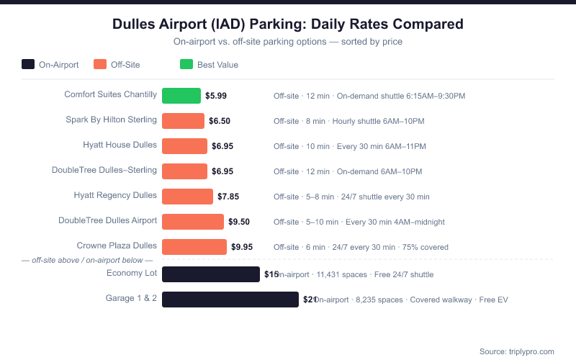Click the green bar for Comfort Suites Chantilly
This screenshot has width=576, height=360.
pyautogui.click(x=181, y=96)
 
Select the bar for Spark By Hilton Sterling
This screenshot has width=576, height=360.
pyautogui.click(x=184, y=121)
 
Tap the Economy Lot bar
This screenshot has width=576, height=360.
pyautogui.click(x=211, y=274)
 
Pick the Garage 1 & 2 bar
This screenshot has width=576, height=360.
pyautogui.click(x=230, y=300)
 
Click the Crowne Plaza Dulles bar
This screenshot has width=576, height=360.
pyautogui.click(x=194, y=247)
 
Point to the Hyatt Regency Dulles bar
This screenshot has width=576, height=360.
pyautogui.click(x=187, y=197)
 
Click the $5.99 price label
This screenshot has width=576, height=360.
pyautogui.click(x=216, y=96)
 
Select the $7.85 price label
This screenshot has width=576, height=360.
pyautogui.click(x=228, y=197)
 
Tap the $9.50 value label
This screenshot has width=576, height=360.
pyautogui.click(x=239, y=222)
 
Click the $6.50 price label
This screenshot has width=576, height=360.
pyautogui.click(x=220, y=121)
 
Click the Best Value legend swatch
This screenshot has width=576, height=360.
pyautogui.click(x=186, y=64)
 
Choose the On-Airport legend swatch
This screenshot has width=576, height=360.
pyautogui.click(x=28, y=64)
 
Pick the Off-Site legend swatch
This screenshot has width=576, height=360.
pyautogui.click(x=100, y=64)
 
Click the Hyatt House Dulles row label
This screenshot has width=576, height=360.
pyautogui.click(x=120, y=145)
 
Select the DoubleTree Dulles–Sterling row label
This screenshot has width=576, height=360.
pyautogui.click(x=104, y=170)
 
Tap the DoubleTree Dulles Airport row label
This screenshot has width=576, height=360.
pyautogui.click(x=107, y=220)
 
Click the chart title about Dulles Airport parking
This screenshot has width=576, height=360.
pyautogui.click(x=288, y=24)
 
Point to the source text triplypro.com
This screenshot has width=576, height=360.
pyautogui.click(x=517, y=351)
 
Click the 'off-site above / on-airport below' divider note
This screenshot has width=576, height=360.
pyautogui.click(x=87, y=260)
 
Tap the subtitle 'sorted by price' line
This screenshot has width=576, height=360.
pyautogui.click(x=288, y=42)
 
